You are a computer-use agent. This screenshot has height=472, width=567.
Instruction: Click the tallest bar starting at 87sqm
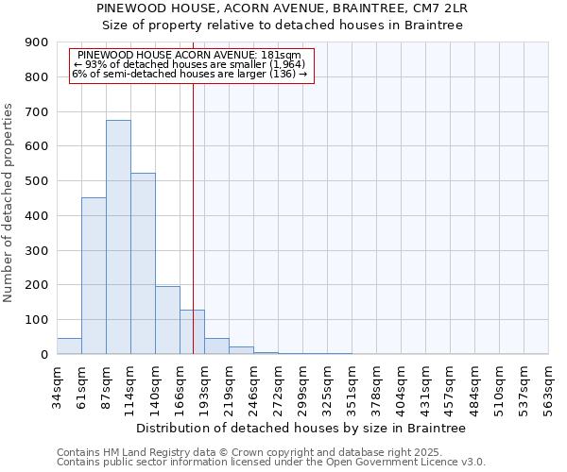118,236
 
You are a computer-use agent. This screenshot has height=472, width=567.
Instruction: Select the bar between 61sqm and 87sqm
94,276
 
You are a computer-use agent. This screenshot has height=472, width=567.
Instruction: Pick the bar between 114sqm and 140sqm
143,263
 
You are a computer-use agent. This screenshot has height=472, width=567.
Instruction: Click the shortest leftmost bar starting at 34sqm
69,346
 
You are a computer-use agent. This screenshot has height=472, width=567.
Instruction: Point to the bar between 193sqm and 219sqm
216,346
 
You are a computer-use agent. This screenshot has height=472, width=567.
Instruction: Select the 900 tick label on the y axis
37,42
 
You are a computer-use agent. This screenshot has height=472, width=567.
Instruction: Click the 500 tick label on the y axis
37,181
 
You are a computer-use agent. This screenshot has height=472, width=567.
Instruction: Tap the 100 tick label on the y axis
37,320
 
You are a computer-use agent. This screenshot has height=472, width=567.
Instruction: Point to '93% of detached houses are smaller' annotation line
186,64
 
